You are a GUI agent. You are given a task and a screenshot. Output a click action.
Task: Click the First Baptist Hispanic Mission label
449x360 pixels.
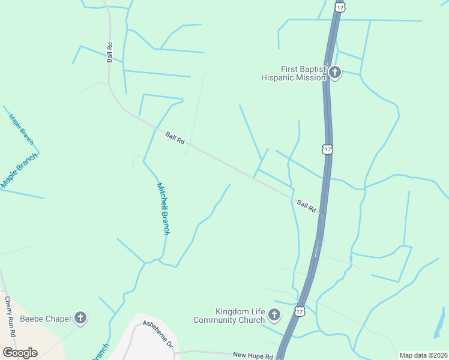pyautogui.click(x=294, y=73)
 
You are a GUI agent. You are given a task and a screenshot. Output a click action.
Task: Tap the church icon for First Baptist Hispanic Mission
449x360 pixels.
pyautogui.click(x=334, y=73)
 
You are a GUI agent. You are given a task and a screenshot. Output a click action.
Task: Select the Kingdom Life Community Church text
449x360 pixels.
pyautogui.click(x=229, y=316)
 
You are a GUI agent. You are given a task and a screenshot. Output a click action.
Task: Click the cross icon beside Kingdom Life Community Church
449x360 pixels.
pyautogui.click(x=274, y=314)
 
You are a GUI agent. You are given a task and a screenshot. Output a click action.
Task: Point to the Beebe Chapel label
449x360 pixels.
pyautogui.click(x=45, y=318)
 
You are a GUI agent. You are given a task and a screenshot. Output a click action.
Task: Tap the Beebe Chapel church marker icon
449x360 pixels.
pyautogui.click(x=80, y=318)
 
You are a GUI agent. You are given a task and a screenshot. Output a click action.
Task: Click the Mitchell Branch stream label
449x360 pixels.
pyautogui.click(x=163, y=208)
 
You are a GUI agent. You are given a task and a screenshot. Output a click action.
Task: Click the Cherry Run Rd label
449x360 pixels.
pyautogui.click(x=9, y=316)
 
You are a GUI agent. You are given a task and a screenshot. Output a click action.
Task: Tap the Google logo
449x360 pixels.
pyautogui.click(x=20, y=353)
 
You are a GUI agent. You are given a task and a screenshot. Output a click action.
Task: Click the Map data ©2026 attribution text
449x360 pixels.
pyautogui.click(x=423, y=355)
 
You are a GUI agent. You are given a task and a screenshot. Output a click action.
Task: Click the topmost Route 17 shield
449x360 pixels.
pyautogui.click(x=340, y=6)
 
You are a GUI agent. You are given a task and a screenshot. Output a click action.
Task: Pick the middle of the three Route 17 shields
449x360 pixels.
pyautogui.click(x=327, y=148)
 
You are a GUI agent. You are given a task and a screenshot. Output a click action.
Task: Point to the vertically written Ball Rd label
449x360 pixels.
pyautogui.click(x=110, y=52)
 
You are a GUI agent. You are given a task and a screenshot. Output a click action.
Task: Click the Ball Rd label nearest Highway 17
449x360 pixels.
pyautogui.click(x=306, y=206)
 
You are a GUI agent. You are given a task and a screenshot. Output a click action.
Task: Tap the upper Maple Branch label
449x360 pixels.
pyautogui.click(x=22, y=129)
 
